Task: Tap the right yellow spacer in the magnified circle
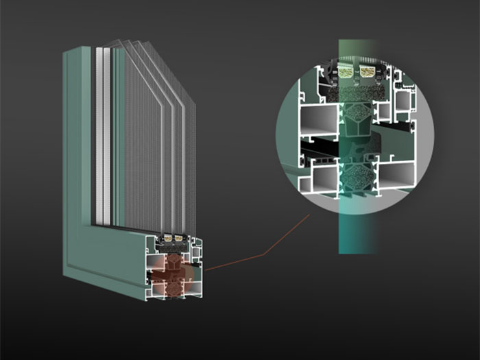[x=370, y=71]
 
